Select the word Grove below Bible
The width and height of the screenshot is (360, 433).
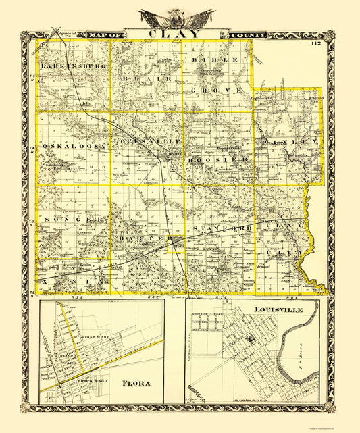217,89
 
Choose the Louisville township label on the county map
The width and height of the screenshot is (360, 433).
148,141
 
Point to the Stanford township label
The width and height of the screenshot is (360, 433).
223,230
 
